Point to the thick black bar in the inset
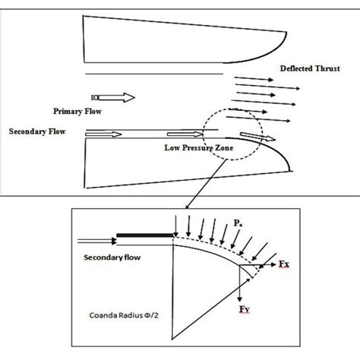point(144,238)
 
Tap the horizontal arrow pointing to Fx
point(267,267)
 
